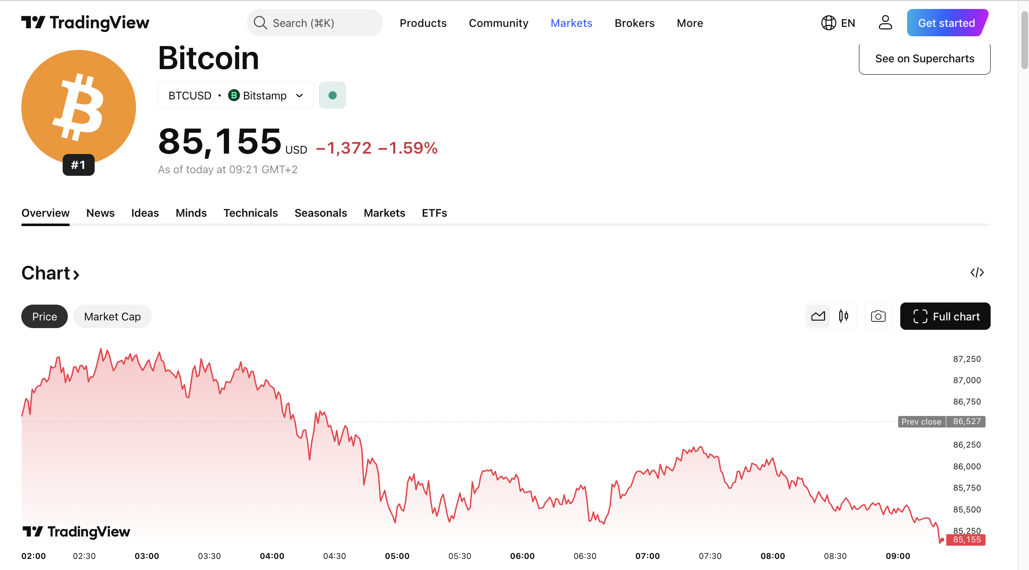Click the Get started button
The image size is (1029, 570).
pyautogui.click(x=946, y=23)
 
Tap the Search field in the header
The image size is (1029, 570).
pyautogui.click(x=315, y=23)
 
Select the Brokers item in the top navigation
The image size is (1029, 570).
pyautogui.click(x=634, y=23)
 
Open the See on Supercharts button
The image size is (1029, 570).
pyautogui.click(x=924, y=59)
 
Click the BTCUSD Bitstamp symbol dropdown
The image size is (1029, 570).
pyautogui.click(x=235, y=96)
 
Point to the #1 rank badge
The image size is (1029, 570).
pyautogui.click(x=78, y=165)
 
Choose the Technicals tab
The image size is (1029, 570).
pyautogui.click(x=250, y=213)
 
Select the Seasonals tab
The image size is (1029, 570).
pyautogui.click(x=321, y=213)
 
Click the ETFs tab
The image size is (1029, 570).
pyautogui.click(x=434, y=213)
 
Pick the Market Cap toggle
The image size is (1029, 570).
pyautogui.click(x=112, y=317)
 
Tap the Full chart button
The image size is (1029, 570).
pyautogui.click(x=945, y=317)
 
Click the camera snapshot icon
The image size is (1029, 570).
pyautogui.click(x=878, y=317)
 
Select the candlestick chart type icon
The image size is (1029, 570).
pyautogui.click(x=843, y=316)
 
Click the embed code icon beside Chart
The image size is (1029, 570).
pyautogui.click(x=977, y=273)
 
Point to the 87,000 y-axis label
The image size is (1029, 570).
pyautogui.click(x=967, y=380)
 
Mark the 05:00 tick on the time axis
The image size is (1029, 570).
pyautogui.click(x=397, y=556)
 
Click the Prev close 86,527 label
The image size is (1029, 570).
pyautogui.click(x=941, y=422)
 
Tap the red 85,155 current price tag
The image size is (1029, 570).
pyautogui.click(x=966, y=540)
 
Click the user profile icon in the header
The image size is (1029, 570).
pyautogui.click(x=885, y=23)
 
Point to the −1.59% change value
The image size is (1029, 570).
pyautogui.click(x=408, y=148)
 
